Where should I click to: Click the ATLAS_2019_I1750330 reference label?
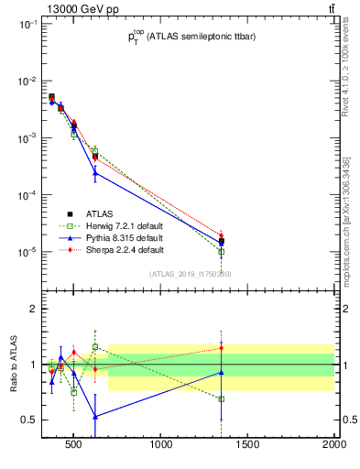pos(190,273)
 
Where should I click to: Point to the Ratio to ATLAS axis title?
pos(12,364)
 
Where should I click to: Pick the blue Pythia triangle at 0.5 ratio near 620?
pos(95,416)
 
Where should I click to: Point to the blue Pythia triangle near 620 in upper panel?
pos(95,172)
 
